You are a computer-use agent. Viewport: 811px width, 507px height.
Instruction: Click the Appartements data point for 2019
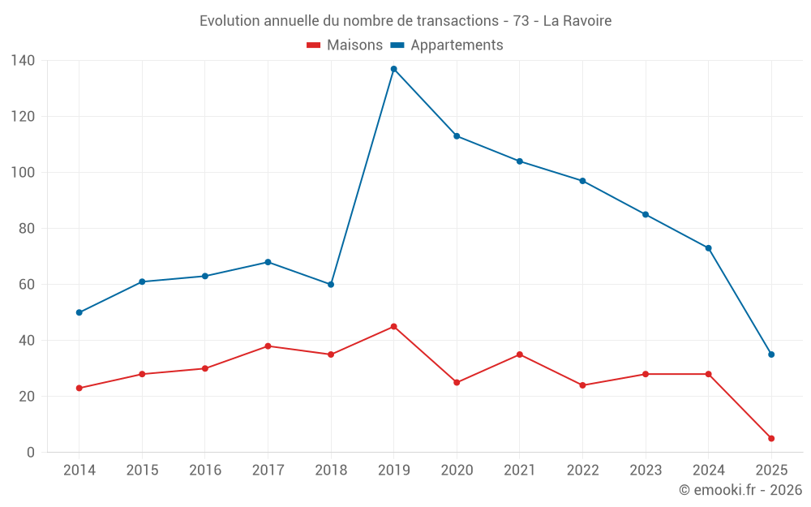pos(394,69)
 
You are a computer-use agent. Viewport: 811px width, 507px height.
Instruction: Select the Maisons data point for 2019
pos(394,326)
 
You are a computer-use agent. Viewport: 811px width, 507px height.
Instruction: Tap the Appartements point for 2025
pos(771,354)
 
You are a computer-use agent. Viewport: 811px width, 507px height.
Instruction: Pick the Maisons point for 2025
pos(771,438)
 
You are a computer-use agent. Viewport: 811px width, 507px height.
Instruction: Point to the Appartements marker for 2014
pos(79,312)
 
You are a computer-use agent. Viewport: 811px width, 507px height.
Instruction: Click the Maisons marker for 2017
pos(268,346)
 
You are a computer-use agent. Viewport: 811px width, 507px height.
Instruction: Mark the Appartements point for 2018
pos(331,285)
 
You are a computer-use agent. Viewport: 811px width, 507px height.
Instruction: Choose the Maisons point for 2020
pos(457,382)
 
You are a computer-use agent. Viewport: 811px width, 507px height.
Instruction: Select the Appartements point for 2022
pos(582,181)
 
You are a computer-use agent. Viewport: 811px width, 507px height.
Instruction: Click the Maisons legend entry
pos(345,45)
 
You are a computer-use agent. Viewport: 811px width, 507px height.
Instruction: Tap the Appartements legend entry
pos(448,45)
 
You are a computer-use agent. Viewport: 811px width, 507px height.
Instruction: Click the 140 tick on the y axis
pos(23,61)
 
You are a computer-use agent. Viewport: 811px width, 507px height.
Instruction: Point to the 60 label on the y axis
pos(27,285)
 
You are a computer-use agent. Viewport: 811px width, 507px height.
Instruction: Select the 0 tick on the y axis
pos(31,453)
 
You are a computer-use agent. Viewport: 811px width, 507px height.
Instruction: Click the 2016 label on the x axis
pos(205,470)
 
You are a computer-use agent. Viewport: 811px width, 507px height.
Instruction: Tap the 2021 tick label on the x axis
pos(520,470)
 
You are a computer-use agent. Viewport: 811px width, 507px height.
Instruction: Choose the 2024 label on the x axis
pos(708,470)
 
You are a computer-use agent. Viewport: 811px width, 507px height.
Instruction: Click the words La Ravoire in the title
pos(577,20)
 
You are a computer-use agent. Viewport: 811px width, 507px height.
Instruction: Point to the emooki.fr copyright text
pos(740,490)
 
